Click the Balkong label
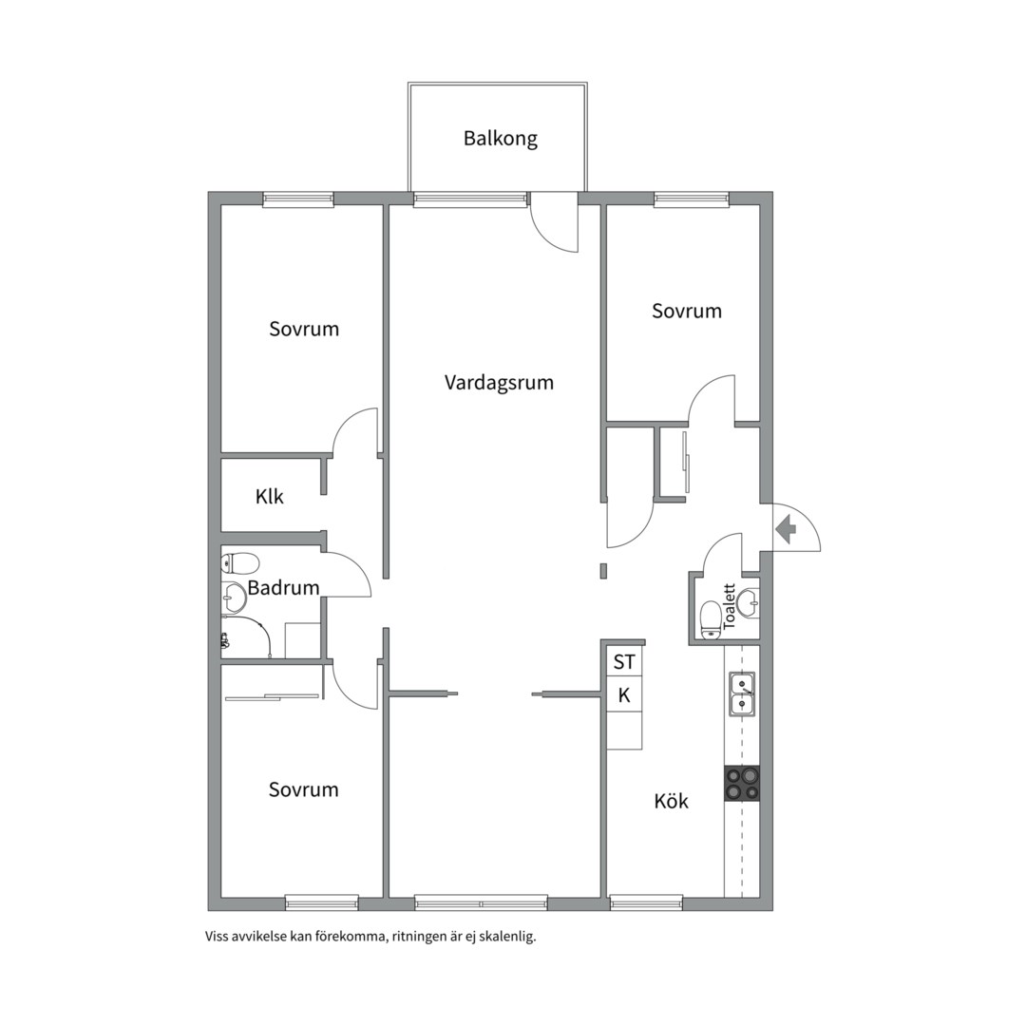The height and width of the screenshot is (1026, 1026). click(x=501, y=139)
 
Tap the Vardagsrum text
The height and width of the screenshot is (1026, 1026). click(x=499, y=382)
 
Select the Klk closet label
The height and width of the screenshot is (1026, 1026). click(x=270, y=497)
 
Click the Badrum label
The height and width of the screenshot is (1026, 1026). click(x=283, y=588)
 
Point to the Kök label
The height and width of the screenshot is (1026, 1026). click(x=672, y=801)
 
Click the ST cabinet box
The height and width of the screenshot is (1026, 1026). click(x=623, y=662)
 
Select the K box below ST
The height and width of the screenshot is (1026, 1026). click(x=624, y=695)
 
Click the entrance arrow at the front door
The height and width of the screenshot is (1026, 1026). click(x=785, y=529)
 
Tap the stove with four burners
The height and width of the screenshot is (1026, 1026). click(x=742, y=784)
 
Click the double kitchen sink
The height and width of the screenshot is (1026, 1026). click(x=742, y=694)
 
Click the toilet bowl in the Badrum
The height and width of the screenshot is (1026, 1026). click(x=240, y=562)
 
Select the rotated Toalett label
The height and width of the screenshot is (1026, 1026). click(x=730, y=606)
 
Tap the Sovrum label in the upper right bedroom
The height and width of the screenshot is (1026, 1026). click(x=687, y=311)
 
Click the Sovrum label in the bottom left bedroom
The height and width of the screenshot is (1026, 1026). click(x=304, y=789)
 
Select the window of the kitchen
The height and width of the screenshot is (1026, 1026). click(x=646, y=903)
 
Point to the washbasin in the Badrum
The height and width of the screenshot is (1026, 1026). click(x=231, y=594)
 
